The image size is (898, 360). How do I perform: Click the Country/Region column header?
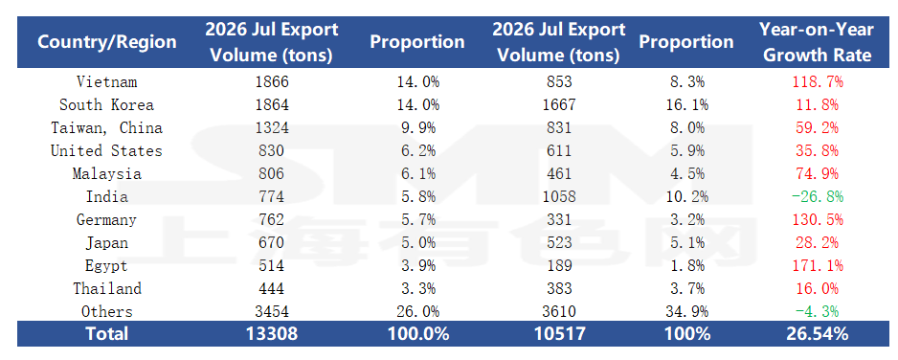point(107,42)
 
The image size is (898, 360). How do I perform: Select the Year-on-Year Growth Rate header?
point(818,42)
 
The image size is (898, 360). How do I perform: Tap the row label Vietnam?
point(107,81)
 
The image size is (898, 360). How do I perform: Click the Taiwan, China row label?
point(107,127)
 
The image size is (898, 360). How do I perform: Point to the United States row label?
point(107,150)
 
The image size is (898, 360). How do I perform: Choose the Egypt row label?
point(107,265)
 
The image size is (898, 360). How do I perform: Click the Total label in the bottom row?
point(107,334)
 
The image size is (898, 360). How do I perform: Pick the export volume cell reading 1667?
point(559,104)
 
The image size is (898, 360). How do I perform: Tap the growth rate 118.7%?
point(818,81)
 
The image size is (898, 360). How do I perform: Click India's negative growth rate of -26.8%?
point(818,197)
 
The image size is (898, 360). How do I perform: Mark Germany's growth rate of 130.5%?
point(818,220)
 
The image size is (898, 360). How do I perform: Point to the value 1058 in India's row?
point(559,197)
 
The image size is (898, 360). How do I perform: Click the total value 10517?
point(559,334)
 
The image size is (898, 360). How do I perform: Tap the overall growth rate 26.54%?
point(818,334)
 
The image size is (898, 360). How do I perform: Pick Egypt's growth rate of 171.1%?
point(818,265)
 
